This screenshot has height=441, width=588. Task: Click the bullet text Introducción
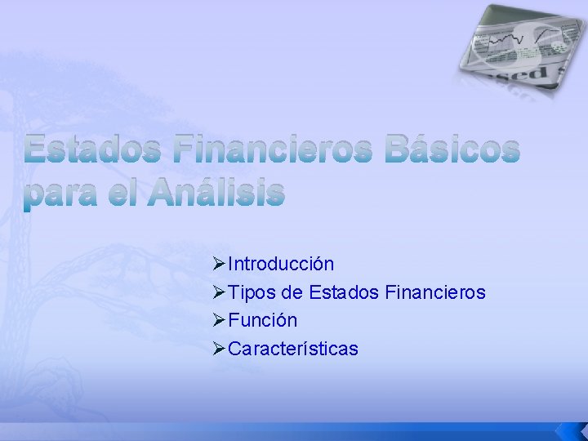click(281, 264)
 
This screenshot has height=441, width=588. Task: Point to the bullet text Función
click(263, 320)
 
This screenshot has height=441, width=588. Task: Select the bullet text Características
click(293, 349)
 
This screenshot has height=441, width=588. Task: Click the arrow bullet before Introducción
click(218, 264)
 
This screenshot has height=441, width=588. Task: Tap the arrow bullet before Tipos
click(218, 292)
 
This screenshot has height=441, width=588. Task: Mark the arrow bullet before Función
click(218, 320)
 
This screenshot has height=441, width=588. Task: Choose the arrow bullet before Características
click(218, 349)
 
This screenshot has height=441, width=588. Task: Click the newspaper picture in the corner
click(513, 49)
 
